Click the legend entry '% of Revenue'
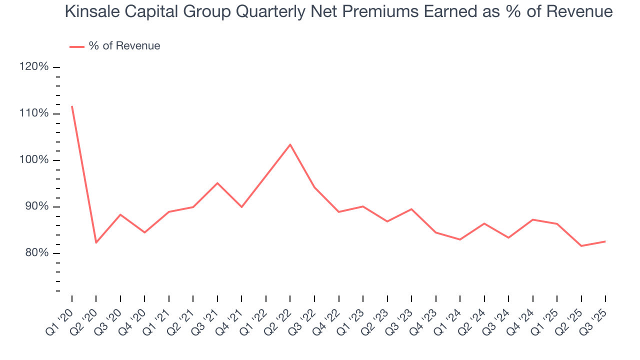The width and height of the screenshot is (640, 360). [124, 46]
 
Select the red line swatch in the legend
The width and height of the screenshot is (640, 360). [76, 46]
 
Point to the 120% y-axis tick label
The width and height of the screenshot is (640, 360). [34, 67]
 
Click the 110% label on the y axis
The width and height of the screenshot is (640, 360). [34, 113]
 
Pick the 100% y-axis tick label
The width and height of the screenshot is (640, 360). [34, 160]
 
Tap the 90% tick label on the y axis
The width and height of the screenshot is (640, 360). [36, 206]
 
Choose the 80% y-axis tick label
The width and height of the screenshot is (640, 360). [36, 253]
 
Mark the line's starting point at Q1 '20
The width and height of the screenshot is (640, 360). [72, 106]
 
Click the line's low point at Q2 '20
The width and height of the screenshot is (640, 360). [96, 242]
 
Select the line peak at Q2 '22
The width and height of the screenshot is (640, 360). [290, 144]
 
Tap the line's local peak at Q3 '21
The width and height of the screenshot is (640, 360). [217, 183]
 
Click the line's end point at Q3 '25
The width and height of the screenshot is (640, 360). [605, 241]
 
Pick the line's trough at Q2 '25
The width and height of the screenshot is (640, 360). [581, 246]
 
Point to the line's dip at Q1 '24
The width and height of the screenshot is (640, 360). [460, 239]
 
